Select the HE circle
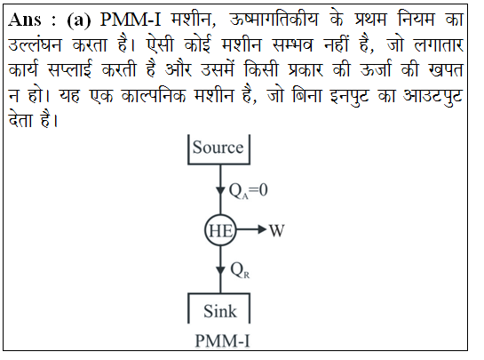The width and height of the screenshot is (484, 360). pyautogui.click(x=205, y=230)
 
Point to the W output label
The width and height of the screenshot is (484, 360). pyautogui.click(x=276, y=230)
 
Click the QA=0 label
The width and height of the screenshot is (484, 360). pyautogui.click(x=248, y=190)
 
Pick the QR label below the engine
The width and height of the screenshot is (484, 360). pyautogui.click(x=240, y=270)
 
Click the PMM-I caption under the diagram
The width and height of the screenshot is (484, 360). pyautogui.click(x=222, y=341)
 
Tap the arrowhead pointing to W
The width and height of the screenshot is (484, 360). pyautogui.click(x=262, y=229)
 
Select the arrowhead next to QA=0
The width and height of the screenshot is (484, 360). pyautogui.click(x=220, y=190)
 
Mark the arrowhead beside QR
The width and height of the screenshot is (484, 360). pyautogui.click(x=220, y=270)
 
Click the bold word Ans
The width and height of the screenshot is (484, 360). pyautogui.click(x=24, y=20)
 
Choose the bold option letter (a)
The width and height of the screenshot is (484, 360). pyautogui.click(x=79, y=20)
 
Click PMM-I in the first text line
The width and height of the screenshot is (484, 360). pyautogui.click(x=131, y=20)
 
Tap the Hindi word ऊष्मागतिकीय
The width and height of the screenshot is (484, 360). pyautogui.click(x=274, y=20)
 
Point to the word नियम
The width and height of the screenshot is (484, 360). pyautogui.click(x=416, y=19)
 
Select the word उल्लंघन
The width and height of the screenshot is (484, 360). pyautogui.click(x=35, y=45)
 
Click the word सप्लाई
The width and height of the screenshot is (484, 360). pyautogui.click(x=70, y=69)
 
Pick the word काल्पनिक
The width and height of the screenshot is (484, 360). pyautogui.click(x=154, y=95)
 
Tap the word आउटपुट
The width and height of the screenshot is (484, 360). pyautogui.click(x=433, y=97)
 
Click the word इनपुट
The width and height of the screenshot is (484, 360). pyautogui.click(x=349, y=97)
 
